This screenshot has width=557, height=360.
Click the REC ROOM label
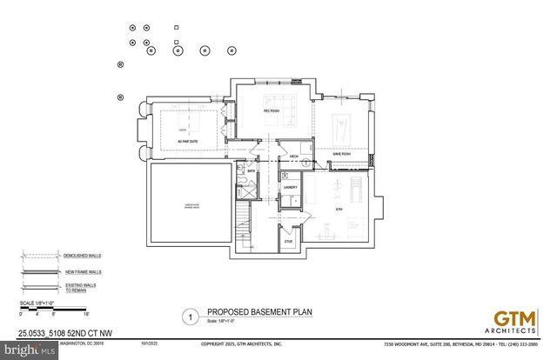[272, 112]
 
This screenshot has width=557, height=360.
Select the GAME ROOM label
[340, 154]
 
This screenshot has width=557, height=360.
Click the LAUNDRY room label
[291, 187]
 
